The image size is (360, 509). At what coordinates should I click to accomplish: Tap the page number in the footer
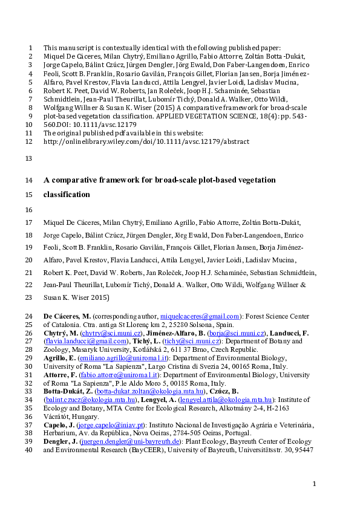314,484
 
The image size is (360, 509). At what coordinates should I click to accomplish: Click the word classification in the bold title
67,195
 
